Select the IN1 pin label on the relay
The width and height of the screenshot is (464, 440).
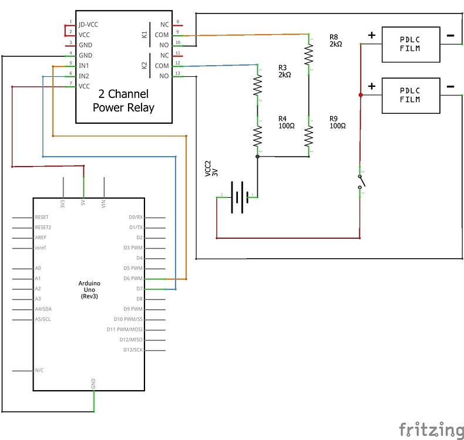(84, 66)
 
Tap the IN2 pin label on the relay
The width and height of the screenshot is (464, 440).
(84, 76)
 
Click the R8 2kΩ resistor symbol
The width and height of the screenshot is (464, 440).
(309, 54)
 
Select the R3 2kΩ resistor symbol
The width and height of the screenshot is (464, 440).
(257, 86)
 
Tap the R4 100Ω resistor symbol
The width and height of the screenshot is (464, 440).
(257, 137)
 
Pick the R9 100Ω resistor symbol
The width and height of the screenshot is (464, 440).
(309, 137)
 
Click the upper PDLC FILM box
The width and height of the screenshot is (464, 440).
(411, 44)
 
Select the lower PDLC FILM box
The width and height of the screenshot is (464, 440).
(411, 95)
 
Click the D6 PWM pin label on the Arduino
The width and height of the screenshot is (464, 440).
(132, 279)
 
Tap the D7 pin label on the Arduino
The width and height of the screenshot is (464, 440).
(139, 289)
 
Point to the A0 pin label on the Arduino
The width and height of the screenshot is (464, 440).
(38, 268)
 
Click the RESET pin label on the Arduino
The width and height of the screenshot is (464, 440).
(42, 217)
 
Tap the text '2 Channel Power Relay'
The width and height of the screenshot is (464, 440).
(123, 100)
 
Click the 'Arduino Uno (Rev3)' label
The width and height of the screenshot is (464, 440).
(89, 290)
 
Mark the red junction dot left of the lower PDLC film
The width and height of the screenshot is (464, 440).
(359, 95)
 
